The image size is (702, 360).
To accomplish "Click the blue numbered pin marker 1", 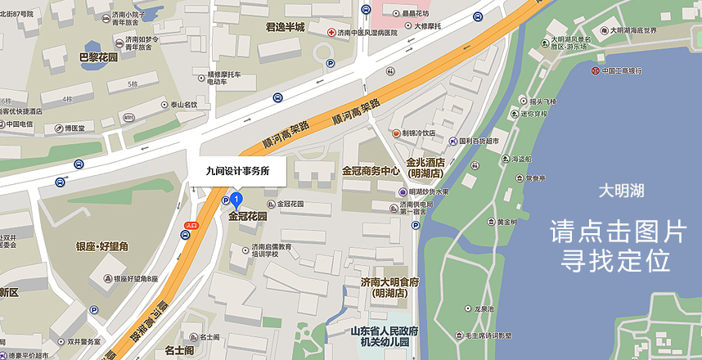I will coord(236,199).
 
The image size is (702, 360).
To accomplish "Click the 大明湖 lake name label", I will coord(621,191).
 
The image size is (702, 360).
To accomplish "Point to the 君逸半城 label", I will coord(285,27).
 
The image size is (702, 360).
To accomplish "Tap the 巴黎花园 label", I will coord(97,57).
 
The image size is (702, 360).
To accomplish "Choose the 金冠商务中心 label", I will coord(371,172).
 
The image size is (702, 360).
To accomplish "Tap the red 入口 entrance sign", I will coord(191,224).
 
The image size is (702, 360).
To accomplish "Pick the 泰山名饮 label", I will coord(183,105).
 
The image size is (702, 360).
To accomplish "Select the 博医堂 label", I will coord(79,128).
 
